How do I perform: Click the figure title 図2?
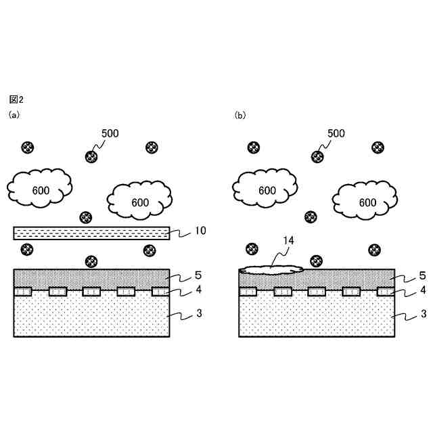pos(16,100)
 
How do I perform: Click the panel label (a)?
pos(14,116)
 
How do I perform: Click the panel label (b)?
pos(240,116)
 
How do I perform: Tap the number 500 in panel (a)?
pos(109,133)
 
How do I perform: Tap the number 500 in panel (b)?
pos(336,133)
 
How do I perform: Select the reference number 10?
pos(200,231)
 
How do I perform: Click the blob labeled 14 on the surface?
pos(271,270)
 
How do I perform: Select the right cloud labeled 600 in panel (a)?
pos(140,200)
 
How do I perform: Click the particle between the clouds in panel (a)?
pos(86,217)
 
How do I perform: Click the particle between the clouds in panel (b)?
pos(311,217)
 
